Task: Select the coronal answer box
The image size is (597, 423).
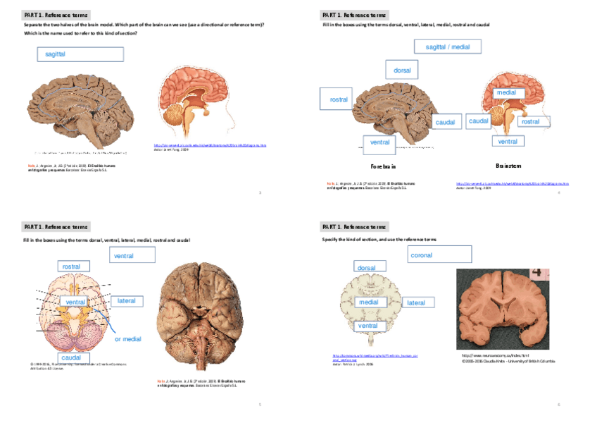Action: pyautogui.click(x=439, y=255)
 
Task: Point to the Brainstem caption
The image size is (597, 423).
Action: pyautogui.click(x=508, y=166)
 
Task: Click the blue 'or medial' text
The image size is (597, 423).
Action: pyautogui.click(x=127, y=339)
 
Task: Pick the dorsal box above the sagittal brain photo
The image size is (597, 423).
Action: pyautogui.click(x=402, y=70)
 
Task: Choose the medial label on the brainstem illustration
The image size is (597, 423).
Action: pyautogui.click(x=505, y=92)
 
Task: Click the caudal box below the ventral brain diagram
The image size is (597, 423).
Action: pyautogui.click(x=70, y=357)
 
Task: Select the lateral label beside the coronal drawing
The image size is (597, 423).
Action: pyautogui.click(x=416, y=302)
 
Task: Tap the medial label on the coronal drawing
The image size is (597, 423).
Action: pyautogui.click(x=368, y=302)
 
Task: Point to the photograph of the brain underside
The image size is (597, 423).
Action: pyautogui.click(x=199, y=317)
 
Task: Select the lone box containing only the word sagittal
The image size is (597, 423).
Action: pyautogui.click(x=80, y=54)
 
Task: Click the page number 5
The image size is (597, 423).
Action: pyautogui.click(x=260, y=405)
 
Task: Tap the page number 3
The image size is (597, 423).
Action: pyautogui.click(x=260, y=192)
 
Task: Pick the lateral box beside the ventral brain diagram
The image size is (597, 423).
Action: pyautogui.click(x=126, y=301)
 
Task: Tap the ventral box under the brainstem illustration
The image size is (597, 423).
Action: pyautogui.click(x=508, y=142)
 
